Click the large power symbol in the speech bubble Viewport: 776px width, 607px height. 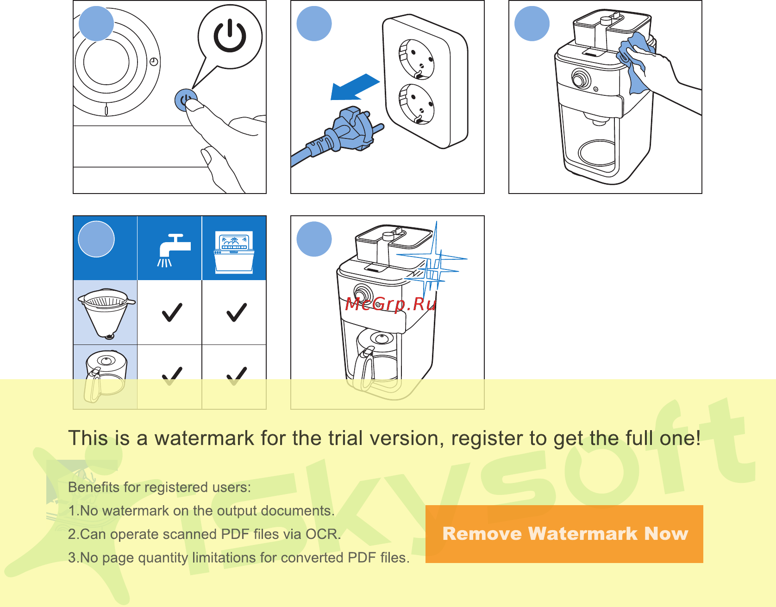(230, 37)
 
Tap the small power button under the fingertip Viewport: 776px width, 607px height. (185, 100)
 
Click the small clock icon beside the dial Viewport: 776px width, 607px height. (154, 62)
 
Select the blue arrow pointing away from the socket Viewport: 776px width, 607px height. (355, 87)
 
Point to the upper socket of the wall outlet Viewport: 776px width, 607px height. (417, 59)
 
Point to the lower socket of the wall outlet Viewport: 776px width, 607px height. (417, 104)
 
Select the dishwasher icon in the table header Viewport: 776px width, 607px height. (234, 252)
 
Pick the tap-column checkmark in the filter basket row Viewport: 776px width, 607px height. (172, 312)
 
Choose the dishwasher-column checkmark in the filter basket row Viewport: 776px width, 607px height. (237, 312)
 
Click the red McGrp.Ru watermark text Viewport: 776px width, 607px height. (391, 304)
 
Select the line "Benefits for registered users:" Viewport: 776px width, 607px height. (160, 487)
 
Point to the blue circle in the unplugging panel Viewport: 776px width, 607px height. (314, 24)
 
